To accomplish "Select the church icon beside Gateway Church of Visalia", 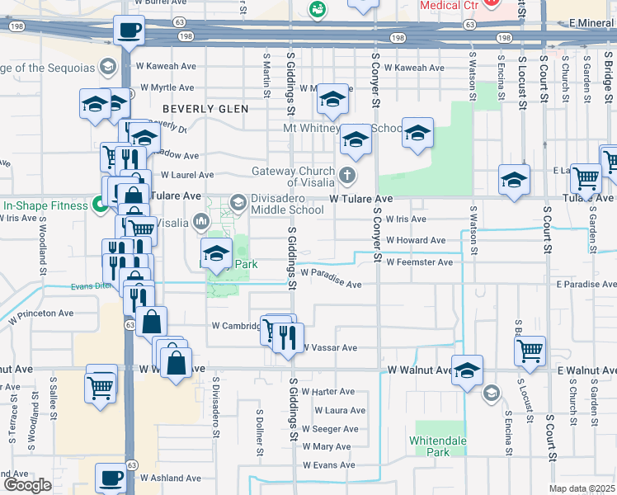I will [x=347, y=175].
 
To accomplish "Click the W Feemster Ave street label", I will [x=419, y=262].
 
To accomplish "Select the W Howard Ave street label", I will [x=416, y=240].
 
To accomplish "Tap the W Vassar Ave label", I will [x=329, y=348].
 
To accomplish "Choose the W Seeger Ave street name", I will [x=329, y=429].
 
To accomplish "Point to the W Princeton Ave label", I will [x=41, y=315].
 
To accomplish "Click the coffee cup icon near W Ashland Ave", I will [x=111, y=477].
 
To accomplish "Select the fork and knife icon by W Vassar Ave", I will [x=288, y=337].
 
